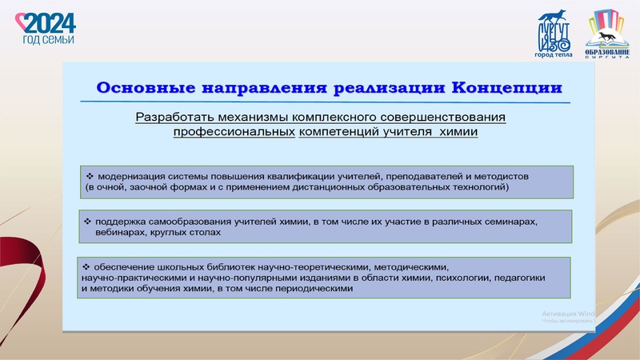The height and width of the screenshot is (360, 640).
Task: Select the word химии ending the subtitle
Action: [x=459, y=132]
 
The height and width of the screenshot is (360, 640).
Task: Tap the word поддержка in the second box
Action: [x=121, y=220]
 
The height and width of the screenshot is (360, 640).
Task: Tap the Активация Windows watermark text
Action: [x=567, y=314]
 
